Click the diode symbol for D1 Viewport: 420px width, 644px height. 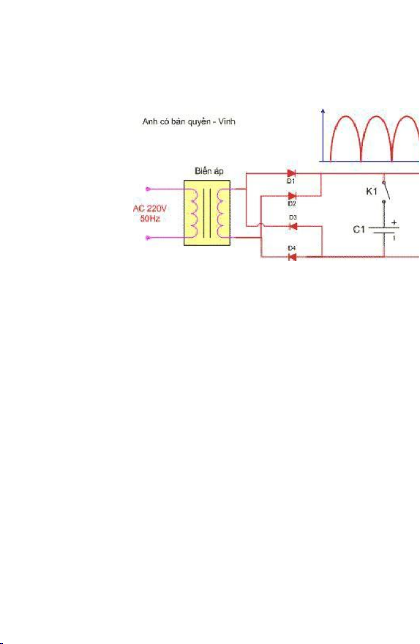292,174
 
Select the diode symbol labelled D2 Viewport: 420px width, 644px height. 292,196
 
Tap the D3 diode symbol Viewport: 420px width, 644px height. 293,227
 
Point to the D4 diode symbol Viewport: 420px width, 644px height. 292,257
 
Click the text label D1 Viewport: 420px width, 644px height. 291,181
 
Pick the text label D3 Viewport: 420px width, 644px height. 293,217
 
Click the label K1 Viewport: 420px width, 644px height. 371,191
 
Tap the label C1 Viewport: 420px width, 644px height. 359,229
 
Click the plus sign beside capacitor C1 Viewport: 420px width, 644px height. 394,222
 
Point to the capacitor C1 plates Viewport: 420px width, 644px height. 384,230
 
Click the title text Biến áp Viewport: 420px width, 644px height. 209,171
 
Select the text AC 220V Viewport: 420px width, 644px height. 150,208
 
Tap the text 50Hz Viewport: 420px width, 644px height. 150,218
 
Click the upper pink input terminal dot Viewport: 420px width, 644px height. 148,189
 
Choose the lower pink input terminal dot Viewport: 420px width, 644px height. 148,238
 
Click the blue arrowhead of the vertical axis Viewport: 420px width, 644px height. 323,111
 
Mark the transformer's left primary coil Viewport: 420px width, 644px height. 192,213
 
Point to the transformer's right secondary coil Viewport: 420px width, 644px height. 221,213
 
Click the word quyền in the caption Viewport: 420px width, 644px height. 199,122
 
